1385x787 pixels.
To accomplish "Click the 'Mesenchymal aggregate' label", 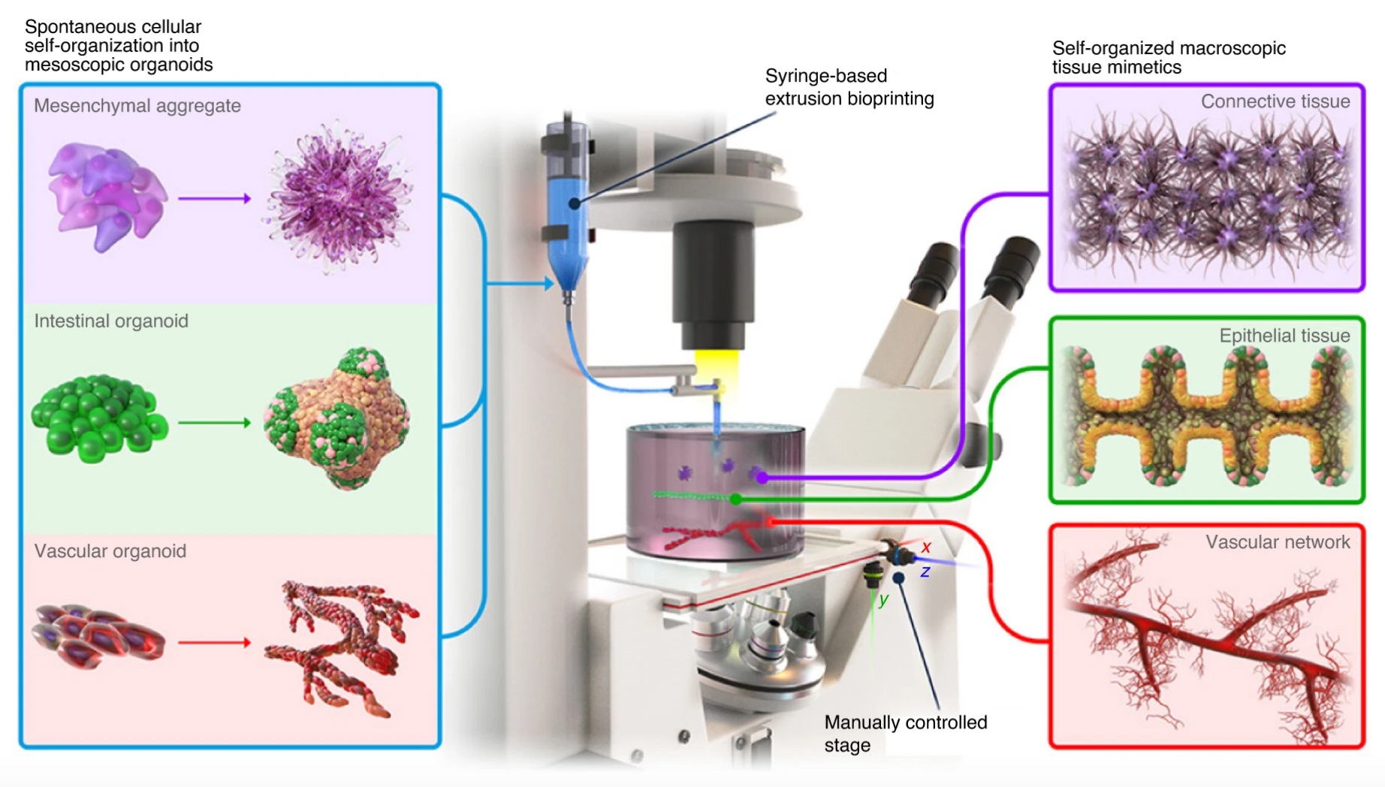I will [137, 106].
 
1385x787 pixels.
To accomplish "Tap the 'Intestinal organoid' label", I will [111, 321].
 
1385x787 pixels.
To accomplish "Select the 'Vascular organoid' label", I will [110, 551].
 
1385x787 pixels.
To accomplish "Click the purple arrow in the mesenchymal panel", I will [214, 198].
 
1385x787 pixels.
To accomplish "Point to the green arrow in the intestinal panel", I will [214, 423].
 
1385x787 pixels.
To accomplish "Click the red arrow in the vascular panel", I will [214, 642].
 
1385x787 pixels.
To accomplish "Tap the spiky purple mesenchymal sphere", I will [337, 198].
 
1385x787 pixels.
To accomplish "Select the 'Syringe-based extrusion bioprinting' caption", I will [849, 87].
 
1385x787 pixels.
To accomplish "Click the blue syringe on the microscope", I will [569, 218].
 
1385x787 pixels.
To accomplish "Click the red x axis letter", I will [926, 547].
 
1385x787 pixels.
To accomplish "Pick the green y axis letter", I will [883, 599].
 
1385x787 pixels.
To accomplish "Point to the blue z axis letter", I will [925, 572].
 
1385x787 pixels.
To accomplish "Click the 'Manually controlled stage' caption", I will [905, 733].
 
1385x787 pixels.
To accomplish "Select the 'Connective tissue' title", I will [1275, 101].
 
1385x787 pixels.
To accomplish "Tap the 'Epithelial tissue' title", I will [1284, 336].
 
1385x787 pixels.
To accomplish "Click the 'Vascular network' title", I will [1277, 542].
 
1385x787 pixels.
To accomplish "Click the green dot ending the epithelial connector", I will [737, 499].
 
